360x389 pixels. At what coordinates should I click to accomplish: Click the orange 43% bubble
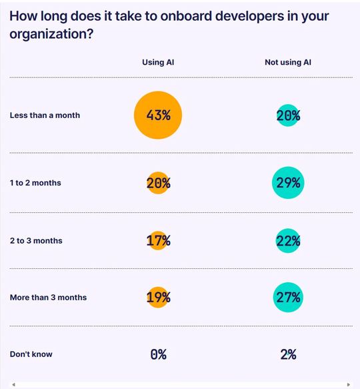pyautogui.click(x=158, y=115)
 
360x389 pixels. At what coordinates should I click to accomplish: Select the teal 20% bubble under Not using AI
pyautogui.click(x=288, y=115)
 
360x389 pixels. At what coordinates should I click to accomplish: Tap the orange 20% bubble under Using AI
pyautogui.click(x=158, y=183)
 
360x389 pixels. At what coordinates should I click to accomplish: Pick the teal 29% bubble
pyautogui.click(x=288, y=183)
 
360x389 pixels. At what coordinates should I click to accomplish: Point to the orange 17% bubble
pyautogui.click(x=158, y=240)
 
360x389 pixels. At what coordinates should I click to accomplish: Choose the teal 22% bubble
pyautogui.click(x=288, y=240)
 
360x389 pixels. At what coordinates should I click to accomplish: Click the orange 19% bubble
pyautogui.click(x=158, y=297)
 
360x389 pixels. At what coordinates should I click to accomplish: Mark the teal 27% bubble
pyautogui.click(x=288, y=297)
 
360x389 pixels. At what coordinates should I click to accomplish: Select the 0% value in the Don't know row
pyautogui.click(x=158, y=354)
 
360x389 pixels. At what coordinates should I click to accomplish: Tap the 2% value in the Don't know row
pyautogui.click(x=288, y=354)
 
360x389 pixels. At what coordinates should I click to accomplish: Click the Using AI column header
pyautogui.click(x=158, y=63)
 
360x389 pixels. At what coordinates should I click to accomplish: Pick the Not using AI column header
pyautogui.click(x=288, y=63)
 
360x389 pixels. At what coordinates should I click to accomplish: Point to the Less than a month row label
pyautogui.click(x=45, y=115)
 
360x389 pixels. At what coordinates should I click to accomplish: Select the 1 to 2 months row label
pyautogui.click(x=35, y=183)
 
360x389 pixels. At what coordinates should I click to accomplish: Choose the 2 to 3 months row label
pyautogui.click(x=36, y=240)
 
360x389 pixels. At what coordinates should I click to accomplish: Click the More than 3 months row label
pyautogui.click(x=48, y=297)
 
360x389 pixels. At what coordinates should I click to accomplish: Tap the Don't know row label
pyautogui.click(x=31, y=354)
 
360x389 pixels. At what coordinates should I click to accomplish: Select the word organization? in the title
pyautogui.click(x=51, y=34)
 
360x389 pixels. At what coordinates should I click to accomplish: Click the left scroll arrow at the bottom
pyautogui.click(x=13, y=384)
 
